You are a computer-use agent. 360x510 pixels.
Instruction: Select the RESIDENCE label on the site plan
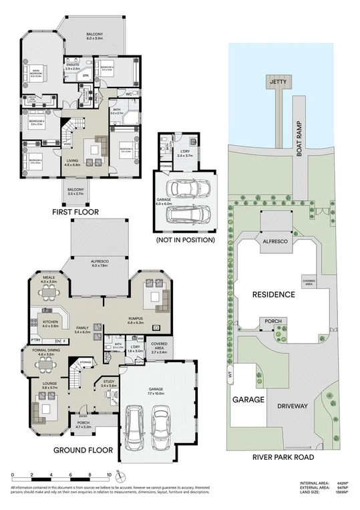[274, 294]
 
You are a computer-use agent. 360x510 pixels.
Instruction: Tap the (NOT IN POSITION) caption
[185, 239]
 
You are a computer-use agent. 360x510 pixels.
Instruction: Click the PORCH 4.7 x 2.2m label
[83, 424]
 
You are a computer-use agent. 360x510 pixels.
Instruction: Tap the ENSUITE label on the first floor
[73, 66]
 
